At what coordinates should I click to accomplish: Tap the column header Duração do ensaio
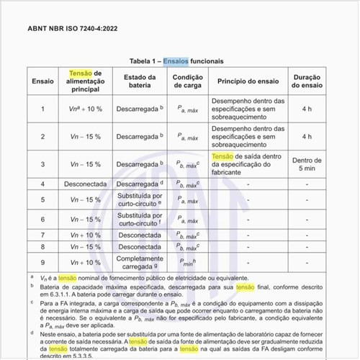pyautogui.click(x=307, y=82)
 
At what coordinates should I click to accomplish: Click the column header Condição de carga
pyautogui.click(x=187, y=82)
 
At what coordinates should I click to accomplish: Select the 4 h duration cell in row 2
pyautogui.click(x=307, y=136)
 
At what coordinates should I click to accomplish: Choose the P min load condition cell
pyautogui.click(x=187, y=263)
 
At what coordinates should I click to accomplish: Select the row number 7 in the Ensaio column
pyautogui.click(x=42, y=235)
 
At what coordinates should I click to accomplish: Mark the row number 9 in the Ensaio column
pyautogui.click(x=42, y=263)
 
